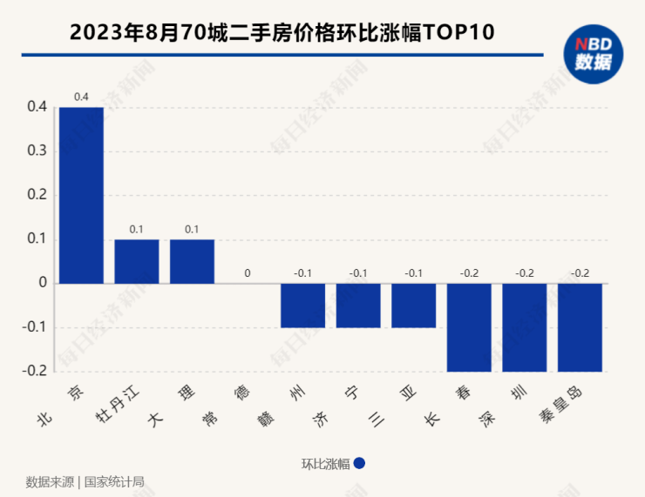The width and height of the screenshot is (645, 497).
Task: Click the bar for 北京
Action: click(x=81, y=195)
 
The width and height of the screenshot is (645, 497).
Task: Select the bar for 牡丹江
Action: click(x=137, y=261)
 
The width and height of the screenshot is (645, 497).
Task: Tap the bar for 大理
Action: click(x=192, y=261)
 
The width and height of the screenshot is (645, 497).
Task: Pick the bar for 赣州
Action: click(x=302, y=306)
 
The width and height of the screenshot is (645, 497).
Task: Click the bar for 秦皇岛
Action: click(x=580, y=327)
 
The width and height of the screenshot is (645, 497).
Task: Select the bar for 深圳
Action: click(x=524, y=327)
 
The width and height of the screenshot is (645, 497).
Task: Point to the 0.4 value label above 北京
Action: click(x=81, y=97)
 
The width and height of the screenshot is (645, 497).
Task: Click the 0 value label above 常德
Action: click(x=248, y=273)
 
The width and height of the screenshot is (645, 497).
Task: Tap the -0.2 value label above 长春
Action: click(x=469, y=273)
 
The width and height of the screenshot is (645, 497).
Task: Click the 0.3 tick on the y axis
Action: click(x=37, y=151)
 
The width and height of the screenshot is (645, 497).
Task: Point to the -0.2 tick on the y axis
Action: click(x=35, y=372)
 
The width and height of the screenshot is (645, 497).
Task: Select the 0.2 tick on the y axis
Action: click(x=37, y=195)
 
